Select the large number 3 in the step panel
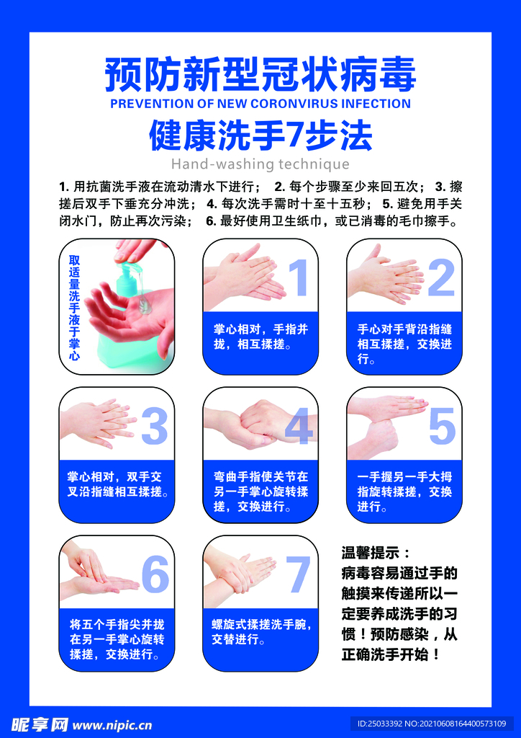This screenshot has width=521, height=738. pos(155,427)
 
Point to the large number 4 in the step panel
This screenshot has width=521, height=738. pos(299,427)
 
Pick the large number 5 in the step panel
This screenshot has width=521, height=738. pos(442,427)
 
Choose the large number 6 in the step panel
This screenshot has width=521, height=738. pos(155,574)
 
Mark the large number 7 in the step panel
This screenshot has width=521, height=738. pos(298,574)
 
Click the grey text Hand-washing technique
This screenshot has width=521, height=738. pos(260,164)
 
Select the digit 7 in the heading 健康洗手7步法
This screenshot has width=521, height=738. pos(294,136)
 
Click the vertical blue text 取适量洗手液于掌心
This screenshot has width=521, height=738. pos(74,308)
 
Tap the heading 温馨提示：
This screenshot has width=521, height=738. pos(376,551)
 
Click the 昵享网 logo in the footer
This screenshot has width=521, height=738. pos(40,725)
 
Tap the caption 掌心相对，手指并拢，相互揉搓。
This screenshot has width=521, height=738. pos(260,337)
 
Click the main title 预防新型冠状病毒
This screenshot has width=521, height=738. pos(260,74)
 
